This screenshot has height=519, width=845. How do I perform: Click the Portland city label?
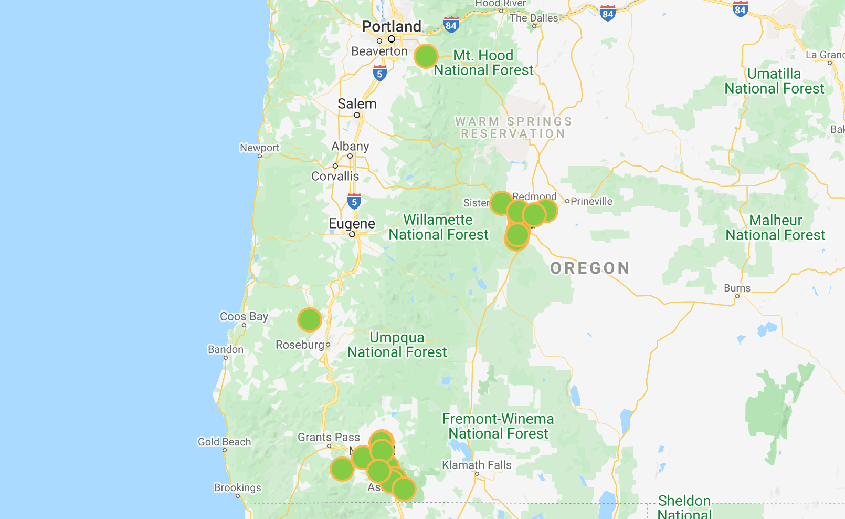(391, 27)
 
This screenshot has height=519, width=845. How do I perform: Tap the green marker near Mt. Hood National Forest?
(426, 56)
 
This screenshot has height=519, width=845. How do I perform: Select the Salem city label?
(357, 104)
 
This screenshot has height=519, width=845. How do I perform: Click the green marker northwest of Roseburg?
(309, 319)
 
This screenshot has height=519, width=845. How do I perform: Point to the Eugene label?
(352, 224)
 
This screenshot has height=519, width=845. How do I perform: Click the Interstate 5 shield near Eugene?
(354, 202)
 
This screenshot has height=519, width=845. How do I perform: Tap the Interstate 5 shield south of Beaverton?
(379, 74)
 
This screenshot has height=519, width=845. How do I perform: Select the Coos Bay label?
(244, 317)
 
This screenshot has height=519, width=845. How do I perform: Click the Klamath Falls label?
(476, 465)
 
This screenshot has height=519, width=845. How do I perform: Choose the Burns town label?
(737, 288)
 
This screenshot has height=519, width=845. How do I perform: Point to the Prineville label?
(591, 202)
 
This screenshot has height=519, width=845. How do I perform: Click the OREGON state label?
(590, 268)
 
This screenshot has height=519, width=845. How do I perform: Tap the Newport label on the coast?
(259, 148)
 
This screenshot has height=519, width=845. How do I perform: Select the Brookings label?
(237, 488)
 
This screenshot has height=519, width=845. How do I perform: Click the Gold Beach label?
(224, 442)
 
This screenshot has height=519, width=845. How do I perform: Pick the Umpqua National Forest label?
(397, 345)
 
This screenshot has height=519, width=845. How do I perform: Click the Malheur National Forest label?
(775, 228)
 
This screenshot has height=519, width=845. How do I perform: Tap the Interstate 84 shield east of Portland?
(451, 25)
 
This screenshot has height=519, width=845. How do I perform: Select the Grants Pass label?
(329, 438)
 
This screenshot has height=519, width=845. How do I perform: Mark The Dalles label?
(534, 18)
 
